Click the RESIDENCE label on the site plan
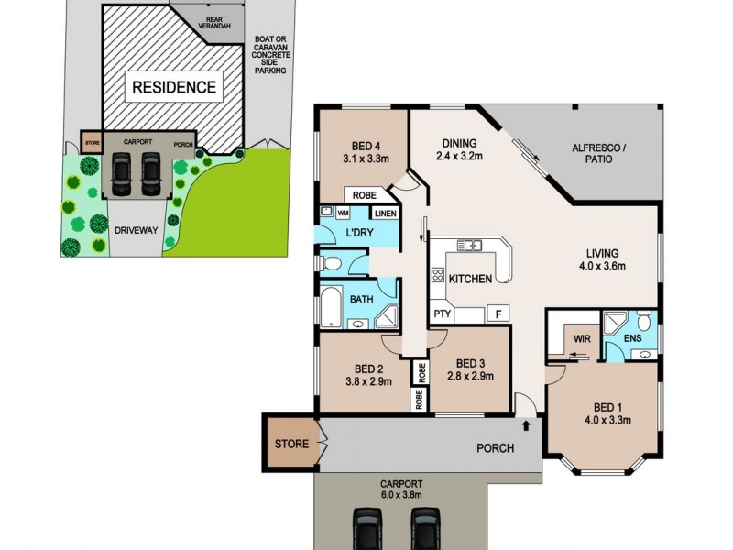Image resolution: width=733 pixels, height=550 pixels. pos(174,88)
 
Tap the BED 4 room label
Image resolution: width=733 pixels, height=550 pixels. pos(367,150)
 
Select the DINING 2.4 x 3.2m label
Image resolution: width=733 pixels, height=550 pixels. pos(460,148)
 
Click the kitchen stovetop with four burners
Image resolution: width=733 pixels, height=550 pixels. pos(438,276)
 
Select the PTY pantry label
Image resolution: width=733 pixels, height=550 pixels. pos(442,314)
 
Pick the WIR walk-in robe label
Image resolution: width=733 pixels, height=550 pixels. pos(581,338)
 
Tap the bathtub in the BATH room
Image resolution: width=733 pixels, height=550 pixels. pos(328,309)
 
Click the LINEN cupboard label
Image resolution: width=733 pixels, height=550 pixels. pos(385,214)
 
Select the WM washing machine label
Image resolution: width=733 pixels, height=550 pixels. pos(344,212)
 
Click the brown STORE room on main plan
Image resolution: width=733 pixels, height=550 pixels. pos(291,444)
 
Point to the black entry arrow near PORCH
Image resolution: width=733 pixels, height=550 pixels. pos(527,425)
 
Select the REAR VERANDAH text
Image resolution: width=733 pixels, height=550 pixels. pos(218,22)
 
